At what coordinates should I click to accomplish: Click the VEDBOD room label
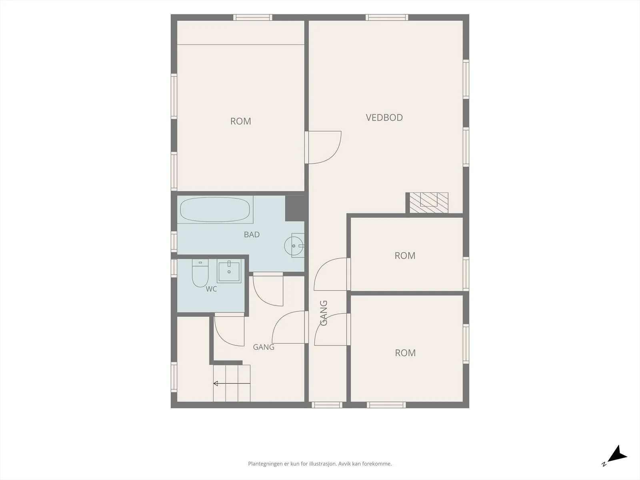384,118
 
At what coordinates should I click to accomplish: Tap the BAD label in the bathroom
252,235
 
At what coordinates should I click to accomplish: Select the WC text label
211,289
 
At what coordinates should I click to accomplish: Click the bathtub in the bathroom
215,210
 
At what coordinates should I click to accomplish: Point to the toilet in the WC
200,273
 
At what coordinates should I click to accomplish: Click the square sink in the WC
229,271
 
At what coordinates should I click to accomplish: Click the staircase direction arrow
232,384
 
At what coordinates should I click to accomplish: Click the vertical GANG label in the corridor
324,313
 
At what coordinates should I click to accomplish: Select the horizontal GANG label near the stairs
264,347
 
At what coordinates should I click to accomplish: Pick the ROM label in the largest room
240,121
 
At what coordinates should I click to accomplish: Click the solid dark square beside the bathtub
295,208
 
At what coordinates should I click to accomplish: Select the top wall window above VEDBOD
387,18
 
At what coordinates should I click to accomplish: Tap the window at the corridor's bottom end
327,405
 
